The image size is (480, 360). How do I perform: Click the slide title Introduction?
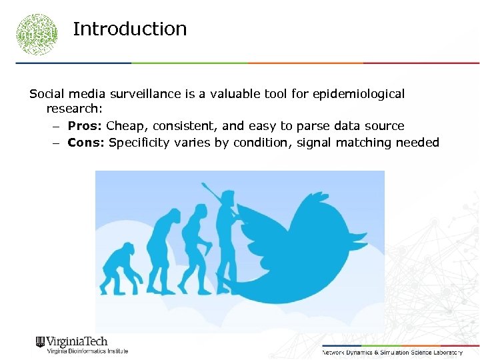pyautogui.click(x=129, y=29)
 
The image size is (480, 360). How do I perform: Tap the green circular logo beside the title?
pyautogui.click(x=37, y=33)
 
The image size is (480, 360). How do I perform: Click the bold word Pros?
pyautogui.click(x=85, y=126)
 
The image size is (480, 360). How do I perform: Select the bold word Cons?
pyautogui.click(x=86, y=142)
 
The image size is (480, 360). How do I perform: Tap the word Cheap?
pyautogui.click(x=123, y=126)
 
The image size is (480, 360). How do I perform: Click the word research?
pyautogui.click(x=73, y=109)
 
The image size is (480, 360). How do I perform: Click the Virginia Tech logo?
pyautogui.click(x=71, y=341)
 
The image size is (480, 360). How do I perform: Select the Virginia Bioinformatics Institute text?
pyautogui.click(x=87, y=351)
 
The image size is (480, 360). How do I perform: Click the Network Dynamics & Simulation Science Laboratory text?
pyautogui.click(x=392, y=351)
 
